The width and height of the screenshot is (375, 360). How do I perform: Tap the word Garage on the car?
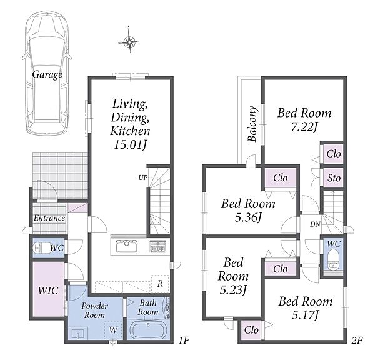click(47, 74)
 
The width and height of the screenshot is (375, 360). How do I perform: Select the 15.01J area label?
click(131, 144)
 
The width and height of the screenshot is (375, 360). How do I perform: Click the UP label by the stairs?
click(143, 177)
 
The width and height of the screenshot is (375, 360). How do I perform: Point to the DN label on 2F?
click(315, 224)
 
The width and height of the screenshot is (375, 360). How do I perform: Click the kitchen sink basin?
click(126, 246)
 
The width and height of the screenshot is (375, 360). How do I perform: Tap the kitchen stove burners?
click(158, 246)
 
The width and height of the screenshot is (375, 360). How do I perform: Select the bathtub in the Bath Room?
click(148, 330)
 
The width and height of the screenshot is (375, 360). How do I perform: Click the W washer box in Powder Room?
click(113, 331)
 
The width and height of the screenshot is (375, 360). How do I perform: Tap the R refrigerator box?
click(160, 284)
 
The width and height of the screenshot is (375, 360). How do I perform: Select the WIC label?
click(48, 291)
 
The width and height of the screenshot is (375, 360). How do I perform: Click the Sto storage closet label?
click(334, 178)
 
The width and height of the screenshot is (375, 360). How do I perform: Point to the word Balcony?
click(252, 123)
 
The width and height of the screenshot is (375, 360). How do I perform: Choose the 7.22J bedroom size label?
click(304, 127)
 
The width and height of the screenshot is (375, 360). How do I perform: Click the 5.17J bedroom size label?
click(305, 315)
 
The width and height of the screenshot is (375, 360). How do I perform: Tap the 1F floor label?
click(184, 340)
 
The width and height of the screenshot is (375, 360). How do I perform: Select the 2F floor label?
click(357, 340)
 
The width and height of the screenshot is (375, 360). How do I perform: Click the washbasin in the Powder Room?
click(78, 333)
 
